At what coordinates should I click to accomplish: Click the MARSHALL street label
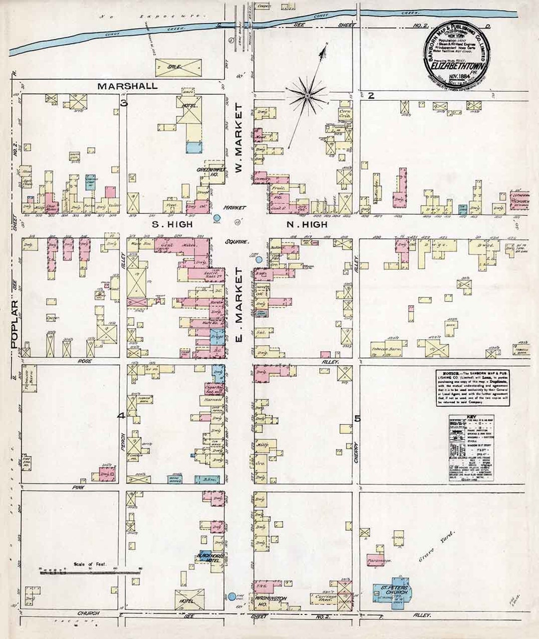tap(127, 86)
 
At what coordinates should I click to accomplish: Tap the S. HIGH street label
tap(172, 225)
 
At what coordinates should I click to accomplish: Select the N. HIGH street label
tap(307, 225)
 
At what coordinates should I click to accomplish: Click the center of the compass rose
tap(308, 95)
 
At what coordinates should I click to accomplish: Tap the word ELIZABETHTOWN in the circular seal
tap(458, 64)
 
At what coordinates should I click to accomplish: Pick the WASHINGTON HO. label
tap(271, 600)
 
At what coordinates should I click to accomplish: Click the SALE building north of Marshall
tap(179, 66)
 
